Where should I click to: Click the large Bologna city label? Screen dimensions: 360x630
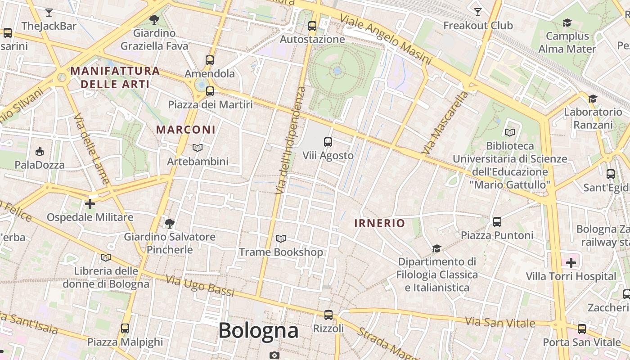(258, 331)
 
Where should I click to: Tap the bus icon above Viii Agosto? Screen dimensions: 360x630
(328, 142)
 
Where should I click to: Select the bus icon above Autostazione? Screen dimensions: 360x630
(312, 26)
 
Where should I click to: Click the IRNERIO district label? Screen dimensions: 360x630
(379, 223)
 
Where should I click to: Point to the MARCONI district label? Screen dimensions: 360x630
(185, 130)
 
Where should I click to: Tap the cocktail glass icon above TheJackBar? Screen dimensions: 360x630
(49, 13)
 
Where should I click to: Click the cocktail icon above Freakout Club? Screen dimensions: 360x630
(478, 12)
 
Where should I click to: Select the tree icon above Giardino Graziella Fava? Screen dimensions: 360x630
(154, 19)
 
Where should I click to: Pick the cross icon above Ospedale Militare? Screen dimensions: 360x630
(90, 204)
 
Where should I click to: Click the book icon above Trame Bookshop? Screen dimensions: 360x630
(281, 238)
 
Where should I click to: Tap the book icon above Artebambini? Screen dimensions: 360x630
(198, 148)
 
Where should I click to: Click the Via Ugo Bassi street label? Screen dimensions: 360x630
(200, 286)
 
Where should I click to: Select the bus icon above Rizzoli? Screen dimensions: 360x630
(328, 315)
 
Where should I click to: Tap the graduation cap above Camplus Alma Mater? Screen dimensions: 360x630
(567, 22)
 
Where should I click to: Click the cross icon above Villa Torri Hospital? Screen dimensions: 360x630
(571, 263)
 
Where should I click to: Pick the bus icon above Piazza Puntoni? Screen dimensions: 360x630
(497, 222)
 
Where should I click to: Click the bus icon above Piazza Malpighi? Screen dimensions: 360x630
(125, 328)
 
